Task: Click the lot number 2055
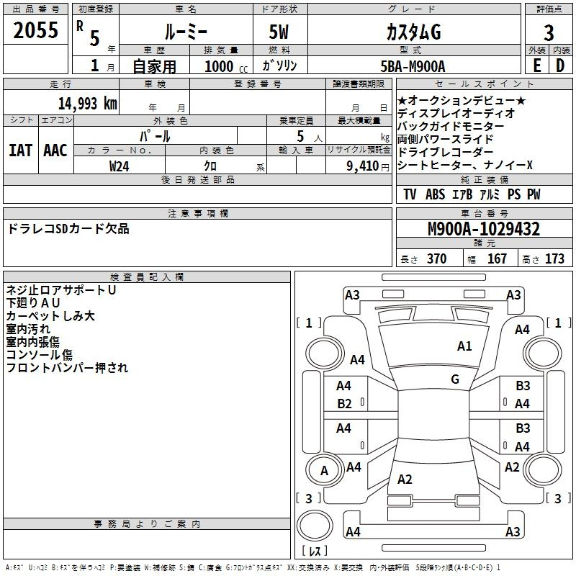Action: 35,30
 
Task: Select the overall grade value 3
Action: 549,32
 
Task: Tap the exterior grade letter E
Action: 536,66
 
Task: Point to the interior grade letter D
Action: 560,66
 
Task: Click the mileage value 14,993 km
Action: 88,104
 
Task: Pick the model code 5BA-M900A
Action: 413,66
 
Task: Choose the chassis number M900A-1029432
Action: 484,229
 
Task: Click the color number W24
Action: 119,166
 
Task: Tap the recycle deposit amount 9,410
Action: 363,166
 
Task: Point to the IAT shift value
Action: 21,150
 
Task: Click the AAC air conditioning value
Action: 55,150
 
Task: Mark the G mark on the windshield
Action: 455,379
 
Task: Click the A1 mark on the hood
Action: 464,346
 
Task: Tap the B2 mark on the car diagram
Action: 344,404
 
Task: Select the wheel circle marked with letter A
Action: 325,471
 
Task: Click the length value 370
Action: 437,258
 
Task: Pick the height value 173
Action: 554,258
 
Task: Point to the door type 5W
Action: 279,32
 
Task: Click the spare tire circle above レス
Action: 315,526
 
